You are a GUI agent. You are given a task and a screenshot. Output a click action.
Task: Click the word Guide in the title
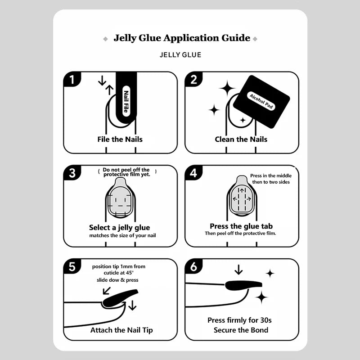[236, 38]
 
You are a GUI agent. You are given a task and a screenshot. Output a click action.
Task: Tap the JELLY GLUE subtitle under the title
[180, 55]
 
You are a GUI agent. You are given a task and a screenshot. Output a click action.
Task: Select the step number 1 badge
[72, 80]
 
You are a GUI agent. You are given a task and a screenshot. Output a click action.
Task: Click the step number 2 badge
[193, 80]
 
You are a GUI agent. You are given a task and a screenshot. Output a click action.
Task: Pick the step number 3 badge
[72, 173]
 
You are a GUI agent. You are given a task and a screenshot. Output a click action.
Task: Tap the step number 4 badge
[193, 173]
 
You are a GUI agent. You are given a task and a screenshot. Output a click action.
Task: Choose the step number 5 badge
[72, 266]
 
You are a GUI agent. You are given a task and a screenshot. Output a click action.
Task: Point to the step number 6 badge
[193, 266]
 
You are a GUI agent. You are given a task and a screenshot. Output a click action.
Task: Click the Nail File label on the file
[126, 101]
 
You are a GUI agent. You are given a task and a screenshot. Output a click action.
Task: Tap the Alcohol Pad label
[261, 101]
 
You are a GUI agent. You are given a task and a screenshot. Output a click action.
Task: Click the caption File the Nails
[120, 139]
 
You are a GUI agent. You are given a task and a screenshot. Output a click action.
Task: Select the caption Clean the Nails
[241, 139]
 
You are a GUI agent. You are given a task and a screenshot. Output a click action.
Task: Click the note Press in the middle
[271, 175]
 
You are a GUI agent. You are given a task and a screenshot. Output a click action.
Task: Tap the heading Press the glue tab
[241, 226]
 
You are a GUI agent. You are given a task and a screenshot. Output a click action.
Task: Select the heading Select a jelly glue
[119, 228]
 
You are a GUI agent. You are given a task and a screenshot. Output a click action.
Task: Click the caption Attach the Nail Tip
[121, 330]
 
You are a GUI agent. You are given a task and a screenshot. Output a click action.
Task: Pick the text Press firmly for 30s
[239, 320]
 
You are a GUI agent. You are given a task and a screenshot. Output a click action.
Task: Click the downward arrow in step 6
[239, 270]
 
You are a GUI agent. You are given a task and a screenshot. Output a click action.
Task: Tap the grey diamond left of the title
[105, 39]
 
